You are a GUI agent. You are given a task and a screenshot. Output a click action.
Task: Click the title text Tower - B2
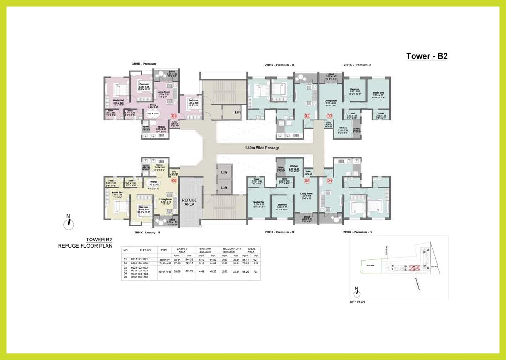(x=427, y=56)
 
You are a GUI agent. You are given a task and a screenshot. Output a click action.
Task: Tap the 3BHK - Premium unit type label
(x=143, y=64)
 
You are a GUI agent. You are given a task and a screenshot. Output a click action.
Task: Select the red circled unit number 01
(x=174, y=115)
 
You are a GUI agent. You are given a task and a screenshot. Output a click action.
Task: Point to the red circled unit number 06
(x=174, y=180)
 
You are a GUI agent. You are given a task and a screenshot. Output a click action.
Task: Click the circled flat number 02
(x=307, y=115)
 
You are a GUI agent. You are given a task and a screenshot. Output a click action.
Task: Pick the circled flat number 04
(x=329, y=180)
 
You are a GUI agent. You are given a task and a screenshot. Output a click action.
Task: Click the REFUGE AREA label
(x=189, y=202)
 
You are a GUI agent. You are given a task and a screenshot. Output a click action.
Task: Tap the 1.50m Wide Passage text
(x=262, y=148)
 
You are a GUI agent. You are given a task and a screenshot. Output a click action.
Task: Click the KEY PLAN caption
(x=357, y=303)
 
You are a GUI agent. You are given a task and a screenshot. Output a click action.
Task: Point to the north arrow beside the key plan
(x=357, y=293)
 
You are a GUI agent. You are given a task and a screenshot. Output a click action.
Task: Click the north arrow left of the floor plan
(x=68, y=222)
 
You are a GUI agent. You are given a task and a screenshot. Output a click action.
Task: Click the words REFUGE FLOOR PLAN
(x=85, y=245)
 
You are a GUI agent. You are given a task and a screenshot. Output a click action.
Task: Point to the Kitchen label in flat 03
(x=343, y=127)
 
